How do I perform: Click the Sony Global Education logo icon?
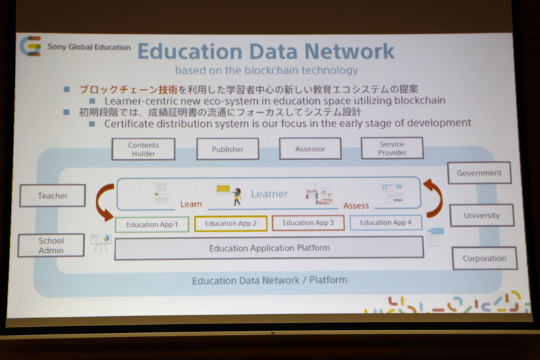point(30,47)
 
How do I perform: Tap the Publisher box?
point(227,149)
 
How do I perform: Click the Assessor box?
point(310,149)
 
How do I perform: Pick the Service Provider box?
point(391,148)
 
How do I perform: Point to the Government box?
point(479,173)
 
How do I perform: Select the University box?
point(481,215)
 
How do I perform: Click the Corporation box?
point(484,258)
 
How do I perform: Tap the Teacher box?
point(53,196)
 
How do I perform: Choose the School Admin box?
point(51,245)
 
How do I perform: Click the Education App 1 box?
point(152,224)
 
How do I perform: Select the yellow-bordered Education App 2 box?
point(230,224)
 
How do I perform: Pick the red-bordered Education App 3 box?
point(308,223)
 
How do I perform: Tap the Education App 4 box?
point(385,222)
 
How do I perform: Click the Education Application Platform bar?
point(269,248)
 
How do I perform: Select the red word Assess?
point(356,205)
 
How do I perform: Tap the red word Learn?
point(191,203)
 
